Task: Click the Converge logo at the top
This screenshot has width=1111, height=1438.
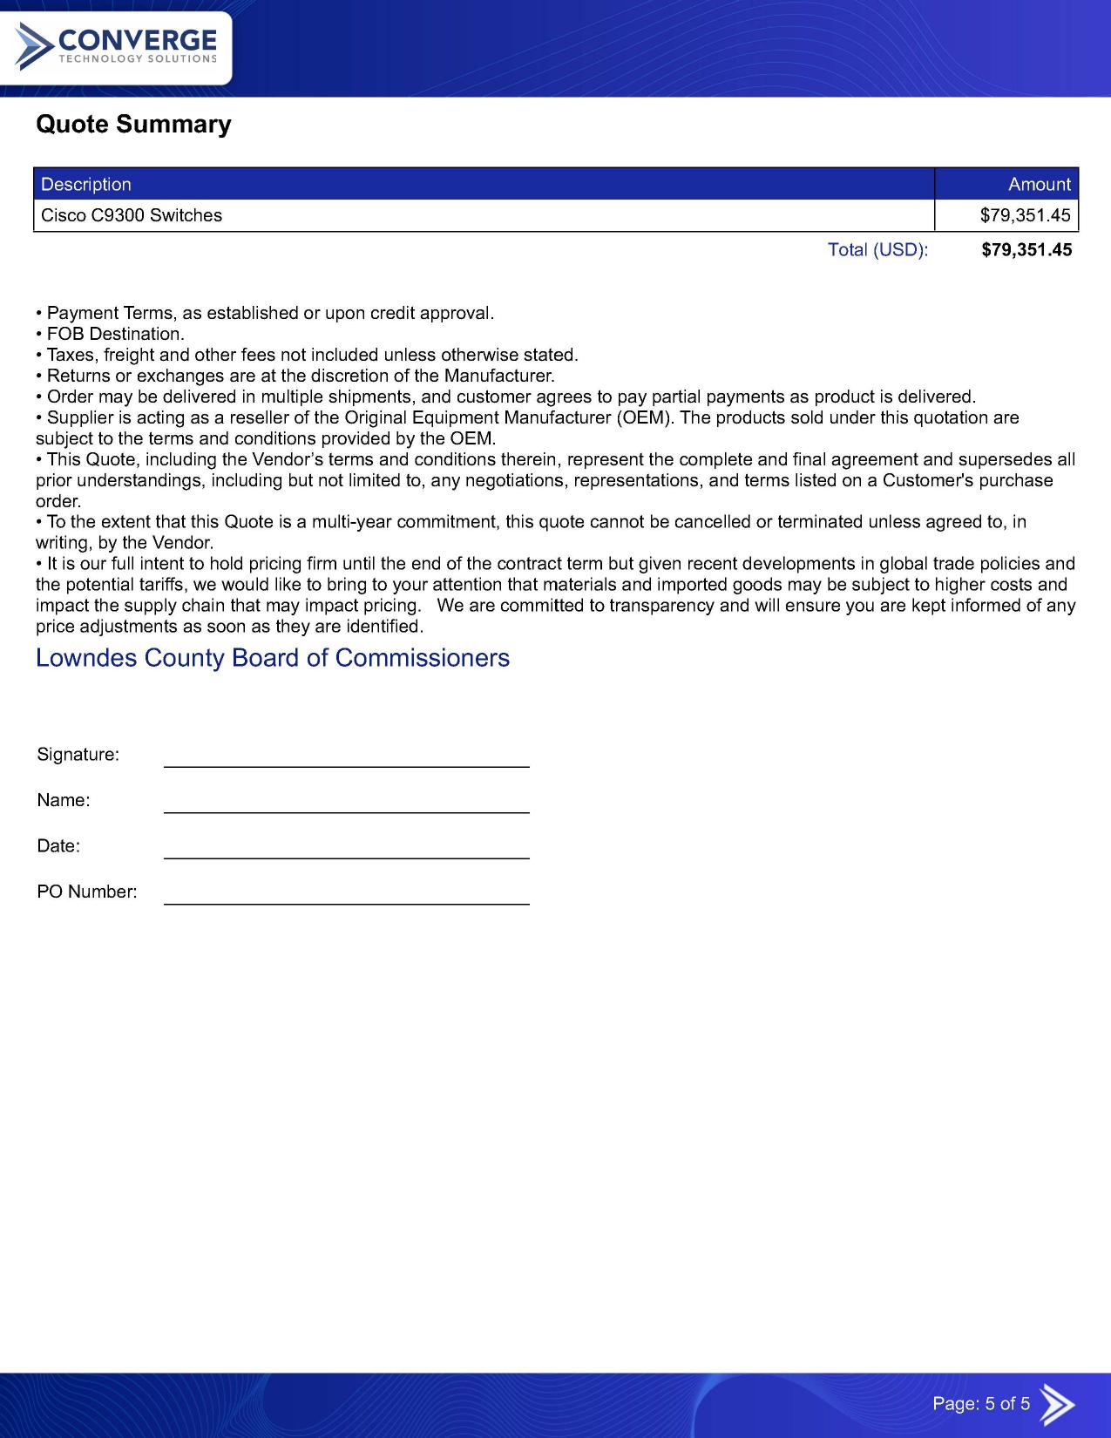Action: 116,47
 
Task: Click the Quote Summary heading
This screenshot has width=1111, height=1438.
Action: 133,125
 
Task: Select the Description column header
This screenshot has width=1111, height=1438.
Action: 86,185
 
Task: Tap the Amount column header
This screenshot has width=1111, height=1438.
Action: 1039,185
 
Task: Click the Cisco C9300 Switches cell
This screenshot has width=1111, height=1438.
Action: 132,216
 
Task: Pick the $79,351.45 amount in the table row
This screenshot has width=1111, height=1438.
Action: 1025,216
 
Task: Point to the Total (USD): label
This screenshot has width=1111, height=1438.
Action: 877,250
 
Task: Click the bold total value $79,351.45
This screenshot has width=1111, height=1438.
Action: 1026,250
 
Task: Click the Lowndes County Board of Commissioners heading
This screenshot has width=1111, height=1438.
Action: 273,658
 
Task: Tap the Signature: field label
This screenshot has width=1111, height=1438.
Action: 78,755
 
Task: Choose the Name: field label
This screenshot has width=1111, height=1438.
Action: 64,801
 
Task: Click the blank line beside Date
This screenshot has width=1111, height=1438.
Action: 347,851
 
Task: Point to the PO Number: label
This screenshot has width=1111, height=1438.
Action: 87,892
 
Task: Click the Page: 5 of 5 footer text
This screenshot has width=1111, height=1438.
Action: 981,1404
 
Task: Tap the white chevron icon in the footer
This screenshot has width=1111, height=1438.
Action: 1058,1404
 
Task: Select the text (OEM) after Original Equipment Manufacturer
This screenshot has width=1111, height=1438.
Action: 645,417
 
